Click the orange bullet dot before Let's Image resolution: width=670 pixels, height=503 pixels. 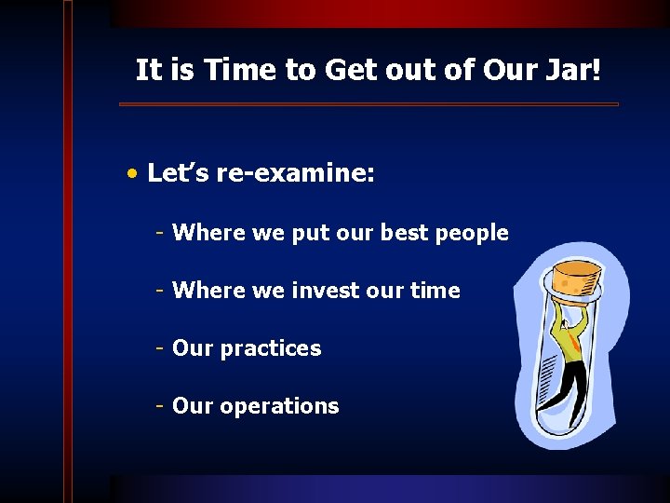pyautogui.click(x=136, y=174)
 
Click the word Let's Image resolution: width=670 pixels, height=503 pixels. pyautogui.click(x=179, y=174)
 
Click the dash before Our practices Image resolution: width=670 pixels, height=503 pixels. pyautogui.click(x=161, y=348)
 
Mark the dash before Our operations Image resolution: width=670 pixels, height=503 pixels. pyautogui.click(x=161, y=406)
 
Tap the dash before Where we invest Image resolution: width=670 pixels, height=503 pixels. pyautogui.click(x=161, y=291)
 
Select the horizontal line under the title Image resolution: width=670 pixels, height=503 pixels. pyautogui.click(x=368, y=104)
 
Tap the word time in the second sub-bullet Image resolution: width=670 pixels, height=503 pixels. pyautogui.click(x=435, y=291)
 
